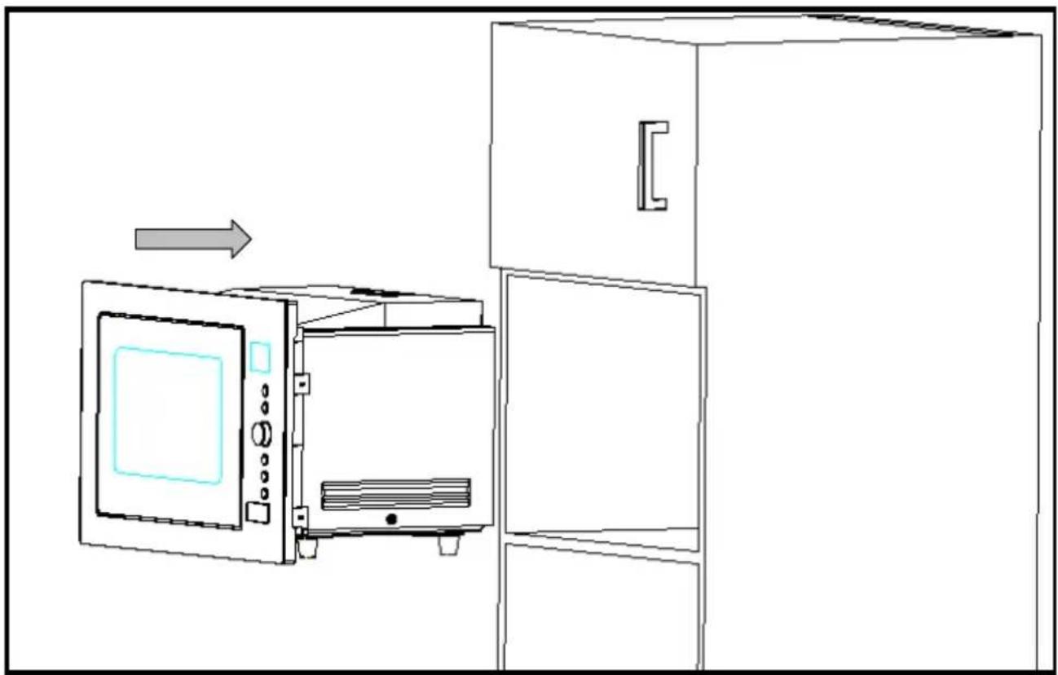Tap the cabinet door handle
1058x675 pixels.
point(653,165)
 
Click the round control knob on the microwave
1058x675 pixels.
point(262,435)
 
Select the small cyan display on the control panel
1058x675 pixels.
point(259,357)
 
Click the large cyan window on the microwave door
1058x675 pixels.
point(168,415)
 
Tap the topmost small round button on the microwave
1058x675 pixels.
point(265,390)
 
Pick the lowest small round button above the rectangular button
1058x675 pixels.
point(264,493)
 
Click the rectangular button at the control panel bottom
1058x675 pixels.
point(258,513)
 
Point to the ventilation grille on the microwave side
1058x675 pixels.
point(396,494)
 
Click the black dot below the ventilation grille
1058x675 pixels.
point(391,519)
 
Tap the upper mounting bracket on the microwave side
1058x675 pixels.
point(302,382)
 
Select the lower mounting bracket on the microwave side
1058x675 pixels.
point(301,516)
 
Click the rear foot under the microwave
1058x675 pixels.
point(447,544)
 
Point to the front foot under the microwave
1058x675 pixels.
point(306,547)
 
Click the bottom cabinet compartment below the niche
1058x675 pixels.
point(599,607)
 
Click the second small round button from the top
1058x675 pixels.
point(265,405)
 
